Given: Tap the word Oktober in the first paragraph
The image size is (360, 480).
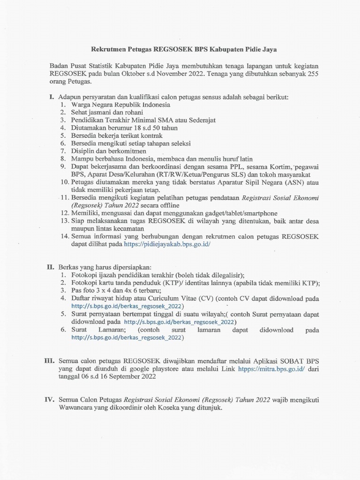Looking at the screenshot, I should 130,73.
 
